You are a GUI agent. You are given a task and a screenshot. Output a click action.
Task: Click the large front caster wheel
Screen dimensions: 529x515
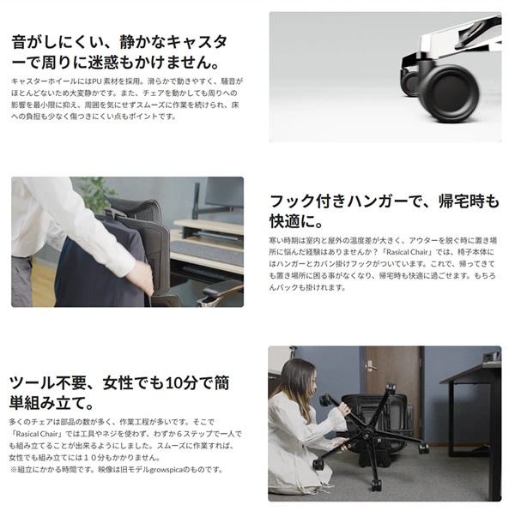point(448,93)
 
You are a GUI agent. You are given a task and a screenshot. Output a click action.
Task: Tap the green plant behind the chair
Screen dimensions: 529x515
point(97,193)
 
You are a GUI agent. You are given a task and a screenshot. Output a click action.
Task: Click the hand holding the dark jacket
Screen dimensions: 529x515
point(139,277)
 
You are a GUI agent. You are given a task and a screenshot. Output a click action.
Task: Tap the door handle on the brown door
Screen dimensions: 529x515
point(372,366)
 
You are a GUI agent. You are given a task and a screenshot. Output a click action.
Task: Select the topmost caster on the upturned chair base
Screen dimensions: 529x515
point(327,400)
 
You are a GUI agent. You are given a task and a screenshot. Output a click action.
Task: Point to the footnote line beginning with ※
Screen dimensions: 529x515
point(117,469)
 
